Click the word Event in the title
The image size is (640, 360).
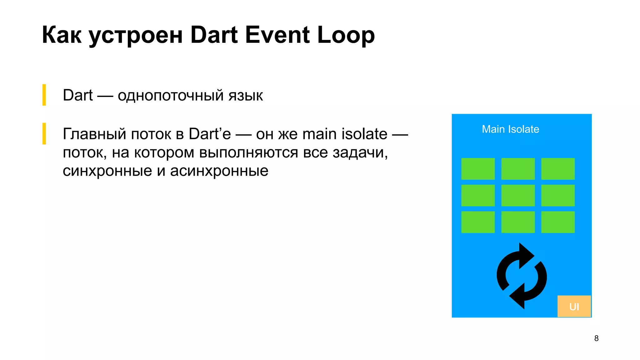click(x=277, y=35)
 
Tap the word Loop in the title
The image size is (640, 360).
click(x=346, y=35)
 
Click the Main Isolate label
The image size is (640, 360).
click(x=510, y=129)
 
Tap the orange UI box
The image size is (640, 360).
click(x=574, y=306)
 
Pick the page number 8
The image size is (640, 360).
click(x=596, y=338)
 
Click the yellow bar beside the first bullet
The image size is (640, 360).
click(x=44, y=95)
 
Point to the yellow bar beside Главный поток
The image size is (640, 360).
click(x=44, y=133)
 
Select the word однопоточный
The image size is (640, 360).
click(x=170, y=95)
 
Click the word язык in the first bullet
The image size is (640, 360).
click(x=246, y=95)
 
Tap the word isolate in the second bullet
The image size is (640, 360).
click(x=364, y=134)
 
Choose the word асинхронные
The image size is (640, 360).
click(x=219, y=171)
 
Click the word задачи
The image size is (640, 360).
click(x=360, y=153)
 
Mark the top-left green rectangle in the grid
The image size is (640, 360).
click(x=478, y=169)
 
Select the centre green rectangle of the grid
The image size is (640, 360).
click(x=518, y=195)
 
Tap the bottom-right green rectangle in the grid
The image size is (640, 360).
click(x=558, y=222)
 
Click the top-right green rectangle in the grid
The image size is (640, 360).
click(x=558, y=169)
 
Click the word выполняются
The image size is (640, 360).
click(x=248, y=153)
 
